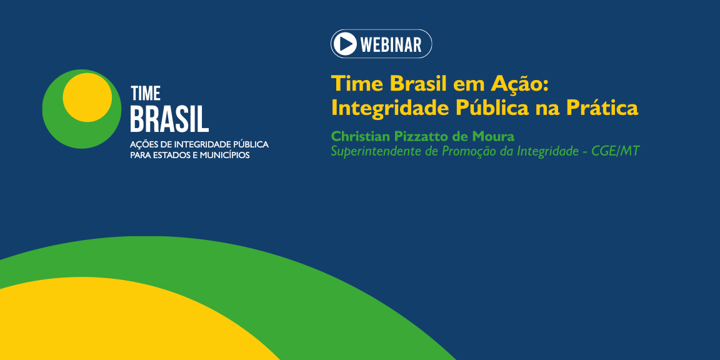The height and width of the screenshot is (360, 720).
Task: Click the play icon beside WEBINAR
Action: click(345, 44)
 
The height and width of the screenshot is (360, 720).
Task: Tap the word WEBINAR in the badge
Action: click(391, 44)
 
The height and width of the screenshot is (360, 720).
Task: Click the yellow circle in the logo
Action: click(87, 97)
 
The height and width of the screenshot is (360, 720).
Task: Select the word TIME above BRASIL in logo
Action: click(145, 94)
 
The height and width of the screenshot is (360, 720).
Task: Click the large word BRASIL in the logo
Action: click(169, 119)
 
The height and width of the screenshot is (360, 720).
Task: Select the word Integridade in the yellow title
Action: click(391, 108)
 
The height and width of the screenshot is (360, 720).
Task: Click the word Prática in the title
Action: click(602, 108)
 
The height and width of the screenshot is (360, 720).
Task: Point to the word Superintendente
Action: click(376, 151)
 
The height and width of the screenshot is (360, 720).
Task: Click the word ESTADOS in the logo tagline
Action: click(171, 155)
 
